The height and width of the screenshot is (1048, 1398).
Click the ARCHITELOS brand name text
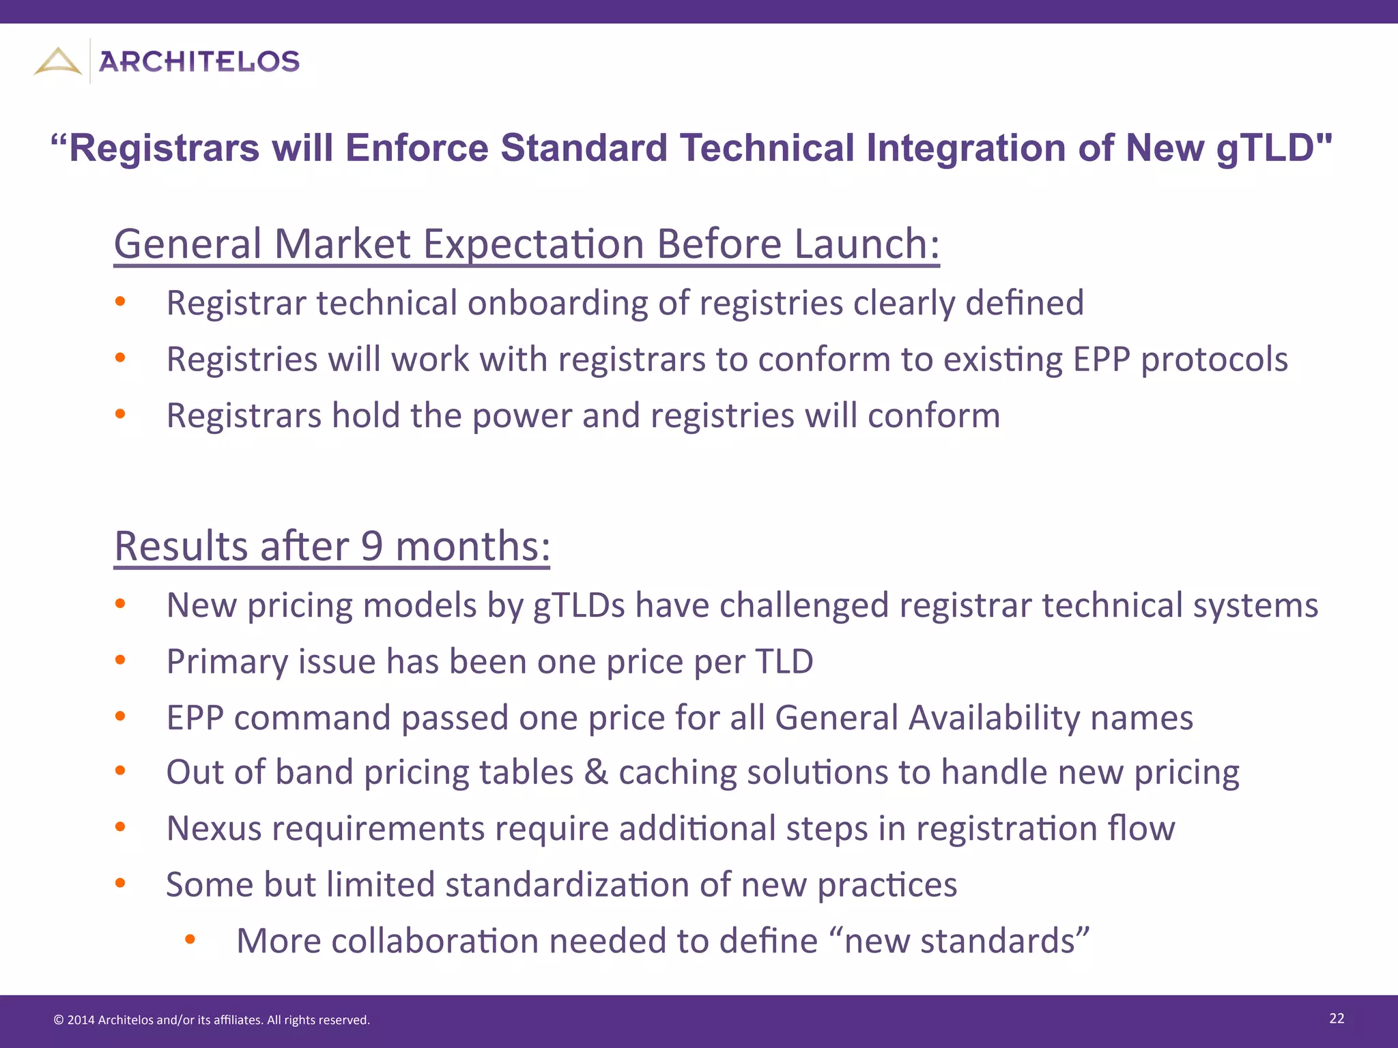click(199, 62)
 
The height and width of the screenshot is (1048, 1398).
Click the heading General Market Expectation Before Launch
click(526, 244)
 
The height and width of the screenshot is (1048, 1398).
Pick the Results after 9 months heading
click(332, 546)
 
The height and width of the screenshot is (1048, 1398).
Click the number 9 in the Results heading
click(371, 546)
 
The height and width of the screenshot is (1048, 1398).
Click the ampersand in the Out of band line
click(596, 773)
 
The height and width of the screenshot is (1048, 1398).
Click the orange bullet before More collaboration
click(190, 940)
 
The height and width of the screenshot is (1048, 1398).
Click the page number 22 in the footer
click(1337, 1019)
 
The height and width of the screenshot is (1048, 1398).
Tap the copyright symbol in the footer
click(59, 1020)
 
